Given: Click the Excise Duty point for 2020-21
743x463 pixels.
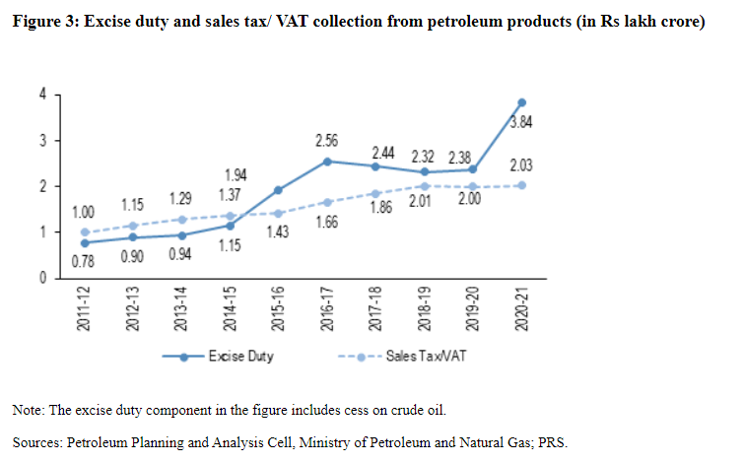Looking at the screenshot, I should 521,102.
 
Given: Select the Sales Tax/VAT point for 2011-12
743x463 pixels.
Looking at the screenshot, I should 86,232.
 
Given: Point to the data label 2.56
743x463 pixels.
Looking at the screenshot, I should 327,142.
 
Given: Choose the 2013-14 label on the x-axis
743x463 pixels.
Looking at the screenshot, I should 183,308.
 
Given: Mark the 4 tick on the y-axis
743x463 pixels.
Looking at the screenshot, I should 42,95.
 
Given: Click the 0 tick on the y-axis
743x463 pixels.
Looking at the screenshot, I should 42,279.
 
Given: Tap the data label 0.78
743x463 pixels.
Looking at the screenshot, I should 86,261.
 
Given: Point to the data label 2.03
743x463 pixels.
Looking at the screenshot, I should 521,165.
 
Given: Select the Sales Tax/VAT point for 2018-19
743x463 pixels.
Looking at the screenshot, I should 425,186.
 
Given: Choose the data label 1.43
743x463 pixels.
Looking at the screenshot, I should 280,232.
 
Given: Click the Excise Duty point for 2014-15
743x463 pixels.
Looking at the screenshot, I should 232,226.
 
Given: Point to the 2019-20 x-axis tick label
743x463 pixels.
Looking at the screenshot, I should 473,308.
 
